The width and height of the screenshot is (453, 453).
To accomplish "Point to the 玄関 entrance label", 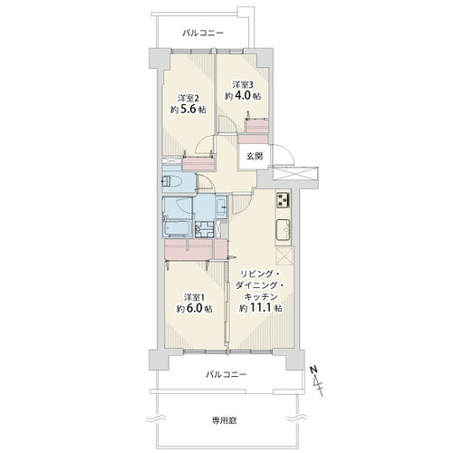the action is (x=255, y=156).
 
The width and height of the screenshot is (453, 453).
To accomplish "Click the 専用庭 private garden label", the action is (x=224, y=420).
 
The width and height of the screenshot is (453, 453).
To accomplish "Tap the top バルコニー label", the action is (x=203, y=33).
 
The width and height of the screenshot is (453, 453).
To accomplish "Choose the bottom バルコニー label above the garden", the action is (x=226, y=375).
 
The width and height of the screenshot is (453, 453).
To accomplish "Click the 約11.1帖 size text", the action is (x=261, y=308).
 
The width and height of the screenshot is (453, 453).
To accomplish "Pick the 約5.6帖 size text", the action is (x=188, y=110).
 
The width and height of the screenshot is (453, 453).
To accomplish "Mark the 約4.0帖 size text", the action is (x=243, y=96).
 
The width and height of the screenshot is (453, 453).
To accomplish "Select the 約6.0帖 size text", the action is (x=195, y=308).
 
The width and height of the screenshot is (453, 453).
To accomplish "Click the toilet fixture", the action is (x=172, y=181).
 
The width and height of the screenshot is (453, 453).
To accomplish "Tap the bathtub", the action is (x=177, y=228).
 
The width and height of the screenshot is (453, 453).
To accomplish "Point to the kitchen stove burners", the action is (x=283, y=199).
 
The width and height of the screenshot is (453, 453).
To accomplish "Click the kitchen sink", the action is (x=283, y=230).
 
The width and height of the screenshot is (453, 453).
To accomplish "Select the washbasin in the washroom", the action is (x=222, y=207).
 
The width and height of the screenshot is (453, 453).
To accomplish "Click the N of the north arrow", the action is (x=313, y=369).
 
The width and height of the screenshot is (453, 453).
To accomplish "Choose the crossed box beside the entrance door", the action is (x=295, y=173).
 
